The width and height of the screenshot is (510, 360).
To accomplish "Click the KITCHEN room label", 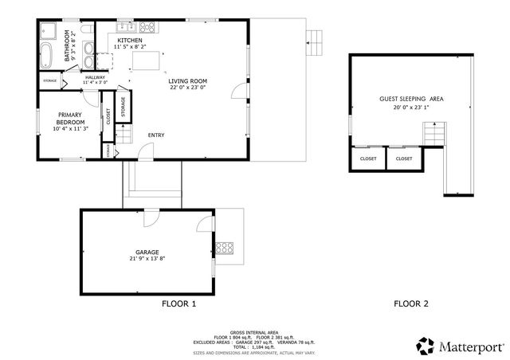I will tap(130, 40).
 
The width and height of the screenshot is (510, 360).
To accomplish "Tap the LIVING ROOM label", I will tap(187, 81).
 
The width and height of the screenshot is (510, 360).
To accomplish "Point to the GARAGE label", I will tap(147, 252).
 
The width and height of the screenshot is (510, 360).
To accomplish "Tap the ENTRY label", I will tap(157, 135).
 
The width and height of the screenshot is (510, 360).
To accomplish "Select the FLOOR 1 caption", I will tap(178, 304).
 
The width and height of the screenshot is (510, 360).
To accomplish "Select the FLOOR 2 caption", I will tap(412, 304).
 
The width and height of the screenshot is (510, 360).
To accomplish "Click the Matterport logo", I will tap(461, 346).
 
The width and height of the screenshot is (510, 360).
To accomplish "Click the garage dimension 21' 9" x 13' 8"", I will tap(147, 259).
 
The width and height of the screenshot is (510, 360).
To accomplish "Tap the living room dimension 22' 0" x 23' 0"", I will tap(187, 88).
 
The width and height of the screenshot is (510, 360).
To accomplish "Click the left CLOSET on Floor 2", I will tap(368, 158).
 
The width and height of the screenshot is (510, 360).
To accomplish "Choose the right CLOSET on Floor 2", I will tap(404, 158).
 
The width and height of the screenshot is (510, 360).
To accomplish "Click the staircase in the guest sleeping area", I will tap(432, 133).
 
